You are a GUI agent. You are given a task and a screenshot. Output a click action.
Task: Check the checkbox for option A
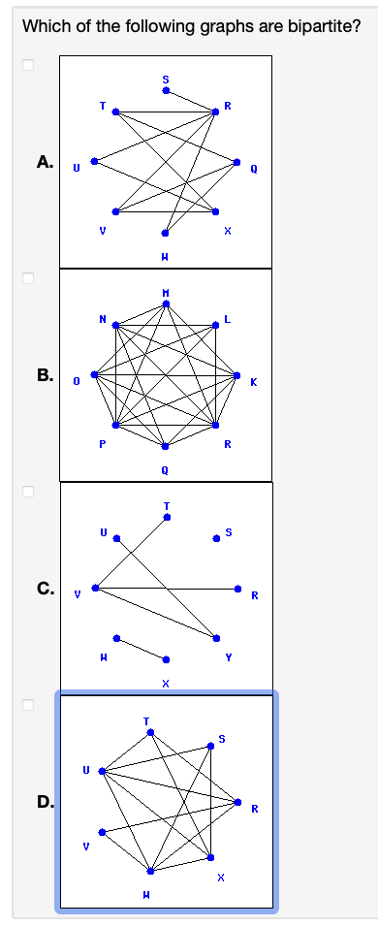click(28, 66)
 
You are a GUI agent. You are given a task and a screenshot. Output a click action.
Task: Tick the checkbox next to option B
click(28, 278)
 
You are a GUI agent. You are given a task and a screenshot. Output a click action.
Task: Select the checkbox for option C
click(28, 491)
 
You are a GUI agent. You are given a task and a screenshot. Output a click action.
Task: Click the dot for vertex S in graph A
click(166, 91)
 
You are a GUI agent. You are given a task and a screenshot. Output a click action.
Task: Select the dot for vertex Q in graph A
click(237, 162)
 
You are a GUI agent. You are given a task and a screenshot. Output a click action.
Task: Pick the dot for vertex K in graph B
click(237, 375)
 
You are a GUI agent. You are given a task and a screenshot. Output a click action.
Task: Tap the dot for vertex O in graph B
click(95, 375)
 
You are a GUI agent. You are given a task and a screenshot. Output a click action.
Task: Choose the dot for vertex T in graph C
click(166, 517)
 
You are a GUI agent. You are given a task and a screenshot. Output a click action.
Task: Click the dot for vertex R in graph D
click(237, 802)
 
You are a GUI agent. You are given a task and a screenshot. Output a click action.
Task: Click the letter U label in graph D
click(84, 772)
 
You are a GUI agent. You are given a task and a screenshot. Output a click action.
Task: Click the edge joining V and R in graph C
click(166, 588)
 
